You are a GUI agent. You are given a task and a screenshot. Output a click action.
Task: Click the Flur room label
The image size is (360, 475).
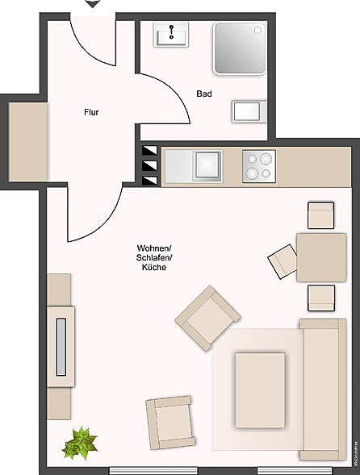tap(91, 112)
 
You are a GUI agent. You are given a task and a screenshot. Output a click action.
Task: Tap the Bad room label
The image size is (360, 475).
tap(204, 94)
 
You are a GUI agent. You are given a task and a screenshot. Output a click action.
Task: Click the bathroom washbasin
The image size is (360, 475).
tap(173, 35)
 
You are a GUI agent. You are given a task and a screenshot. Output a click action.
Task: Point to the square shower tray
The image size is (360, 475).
tap(240, 48)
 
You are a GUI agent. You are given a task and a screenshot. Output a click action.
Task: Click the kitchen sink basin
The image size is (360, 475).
tap(207, 165)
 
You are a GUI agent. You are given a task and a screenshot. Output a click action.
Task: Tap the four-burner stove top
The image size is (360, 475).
tap(259, 165)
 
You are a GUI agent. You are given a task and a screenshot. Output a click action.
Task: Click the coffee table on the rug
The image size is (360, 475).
tap(261, 390)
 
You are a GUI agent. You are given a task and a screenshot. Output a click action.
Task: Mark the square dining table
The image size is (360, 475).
tap(320, 257)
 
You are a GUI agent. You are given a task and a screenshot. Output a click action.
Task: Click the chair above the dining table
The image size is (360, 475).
tap(320, 215)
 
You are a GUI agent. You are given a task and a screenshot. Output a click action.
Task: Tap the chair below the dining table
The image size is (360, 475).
tap(320, 298)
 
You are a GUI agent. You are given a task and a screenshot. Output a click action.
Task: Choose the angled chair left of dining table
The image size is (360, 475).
tap(283, 261)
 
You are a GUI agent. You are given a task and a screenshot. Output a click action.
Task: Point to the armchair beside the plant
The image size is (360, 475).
tap(170, 423)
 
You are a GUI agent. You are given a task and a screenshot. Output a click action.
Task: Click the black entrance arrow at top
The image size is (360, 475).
tap(93, 4)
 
